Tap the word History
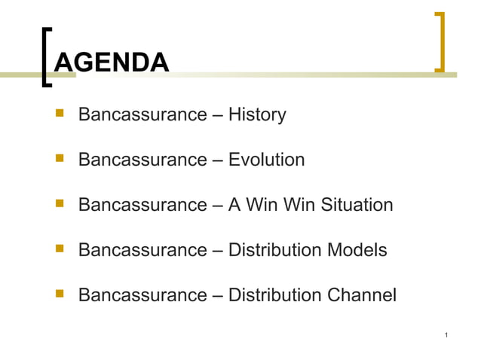pyautogui.click(x=257, y=115)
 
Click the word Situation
pyautogui.click(x=357, y=205)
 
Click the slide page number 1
pyautogui.click(x=448, y=334)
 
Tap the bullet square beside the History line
pyautogui.click(x=59, y=114)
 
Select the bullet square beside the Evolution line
pyautogui.click(x=59, y=159)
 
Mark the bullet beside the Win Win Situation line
pyautogui.click(x=59, y=204)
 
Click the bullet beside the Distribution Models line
pyautogui.click(x=59, y=249)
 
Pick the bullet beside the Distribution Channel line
pyautogui.click(x=59, y=294)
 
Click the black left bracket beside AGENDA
pyautogui.click(x=47, y=56)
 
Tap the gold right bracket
pyautogui.click(x=440, y=42)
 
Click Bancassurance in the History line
pyautogui.click(x=142, y=115)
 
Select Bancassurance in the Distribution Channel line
pyautogui.click(x=142, y=294)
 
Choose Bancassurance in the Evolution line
pyautogui.click(x=142, y=160)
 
